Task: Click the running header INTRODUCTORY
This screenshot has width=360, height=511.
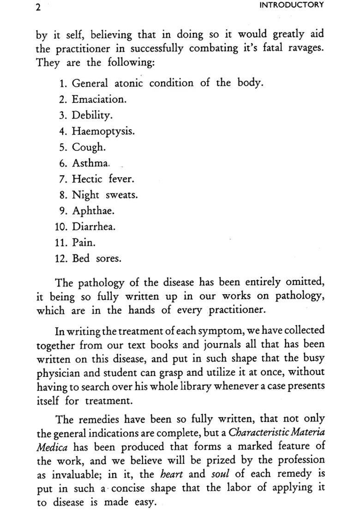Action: (292, 5)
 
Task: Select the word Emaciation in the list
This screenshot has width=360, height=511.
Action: (99, 99)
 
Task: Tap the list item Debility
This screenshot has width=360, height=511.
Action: (92, 115)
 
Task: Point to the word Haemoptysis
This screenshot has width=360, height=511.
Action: (103, 131)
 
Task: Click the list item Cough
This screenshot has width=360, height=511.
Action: (89, 148)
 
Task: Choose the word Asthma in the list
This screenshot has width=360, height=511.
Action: (91, 163)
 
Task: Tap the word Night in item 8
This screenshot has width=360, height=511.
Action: (86, 195)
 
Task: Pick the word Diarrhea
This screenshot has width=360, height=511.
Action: (94, 227)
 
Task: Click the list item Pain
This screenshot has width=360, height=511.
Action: (83, 243)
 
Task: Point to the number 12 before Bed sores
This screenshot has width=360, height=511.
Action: (61, 259)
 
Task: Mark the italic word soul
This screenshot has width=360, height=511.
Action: (220, 475)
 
